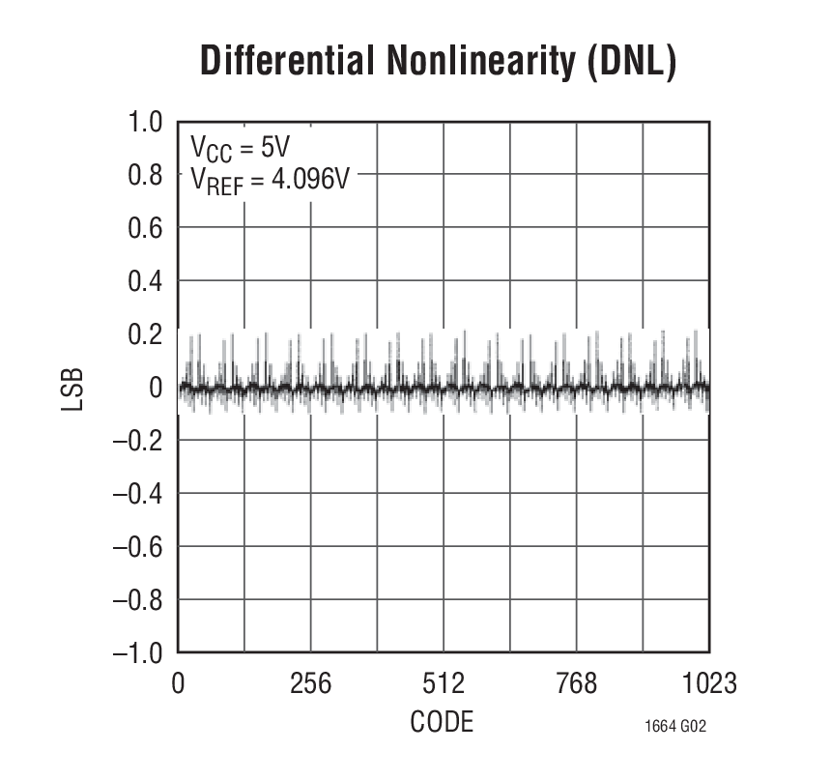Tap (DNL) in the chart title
(630, 61)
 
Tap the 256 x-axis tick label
(310, 684)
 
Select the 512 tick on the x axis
(444, 684)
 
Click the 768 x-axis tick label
(577, 684)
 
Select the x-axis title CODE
(442, 722)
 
